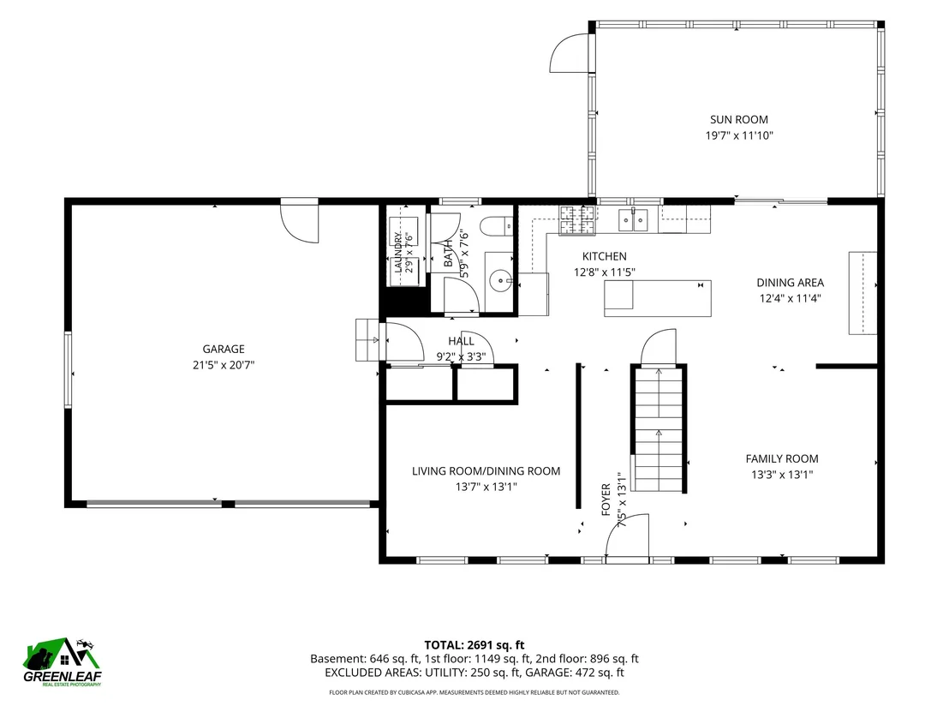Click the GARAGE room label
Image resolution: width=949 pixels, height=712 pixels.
(x=224, y=349)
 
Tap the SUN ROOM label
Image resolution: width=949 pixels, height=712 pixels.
(x=739, y=120)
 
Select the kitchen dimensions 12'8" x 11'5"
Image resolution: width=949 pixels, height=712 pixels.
(x=605, y=272)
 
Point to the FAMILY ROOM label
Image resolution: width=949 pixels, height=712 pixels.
(x=782, y=459)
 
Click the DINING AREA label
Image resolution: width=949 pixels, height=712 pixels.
(x=790, y=283)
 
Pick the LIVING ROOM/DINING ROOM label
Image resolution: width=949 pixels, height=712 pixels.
(x=486, y=471)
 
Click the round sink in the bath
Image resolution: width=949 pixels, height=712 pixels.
(x=501, y=281)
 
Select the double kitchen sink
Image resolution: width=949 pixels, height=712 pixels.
(x=633, y=220)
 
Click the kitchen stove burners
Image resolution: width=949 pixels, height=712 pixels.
(x=578, y=220)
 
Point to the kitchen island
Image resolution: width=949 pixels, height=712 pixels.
(x=657, y=298)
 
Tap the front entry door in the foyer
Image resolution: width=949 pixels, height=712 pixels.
(x=628, y=536)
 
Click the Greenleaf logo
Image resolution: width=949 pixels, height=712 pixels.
(x=63, y=661)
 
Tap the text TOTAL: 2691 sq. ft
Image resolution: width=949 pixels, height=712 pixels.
(x=474, y=645)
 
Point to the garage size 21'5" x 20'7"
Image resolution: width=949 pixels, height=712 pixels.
(x=224, y=364)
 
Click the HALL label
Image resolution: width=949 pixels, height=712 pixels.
(x=461, y=342)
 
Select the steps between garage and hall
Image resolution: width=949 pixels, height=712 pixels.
(x=367, y=340)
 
